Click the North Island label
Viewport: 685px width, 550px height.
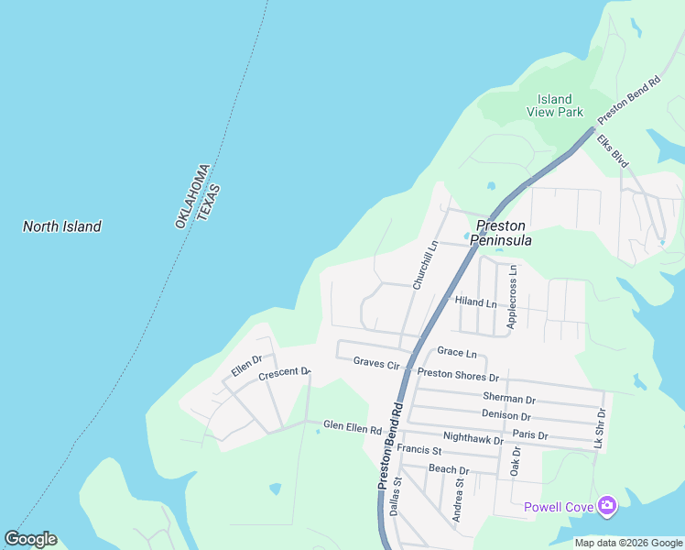(62, 226)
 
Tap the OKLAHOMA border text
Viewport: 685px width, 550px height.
(191, 195)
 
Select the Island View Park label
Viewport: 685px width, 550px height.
(555, 105)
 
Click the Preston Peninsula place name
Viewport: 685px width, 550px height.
(503, 233)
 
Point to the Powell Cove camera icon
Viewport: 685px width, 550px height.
(606, 505)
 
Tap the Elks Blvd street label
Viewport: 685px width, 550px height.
(613, 152)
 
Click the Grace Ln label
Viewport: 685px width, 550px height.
(457, 352)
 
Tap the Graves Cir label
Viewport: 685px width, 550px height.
(376, 364)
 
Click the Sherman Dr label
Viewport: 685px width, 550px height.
(508, 399)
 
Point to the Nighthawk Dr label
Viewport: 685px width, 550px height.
(473, 439)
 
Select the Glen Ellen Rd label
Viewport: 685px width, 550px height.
(352, 428)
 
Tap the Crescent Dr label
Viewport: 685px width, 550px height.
(285, 375)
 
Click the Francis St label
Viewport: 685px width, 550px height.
(425, 451)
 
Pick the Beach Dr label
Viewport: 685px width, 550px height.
(449, 470)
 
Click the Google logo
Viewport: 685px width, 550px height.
(30, 539)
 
